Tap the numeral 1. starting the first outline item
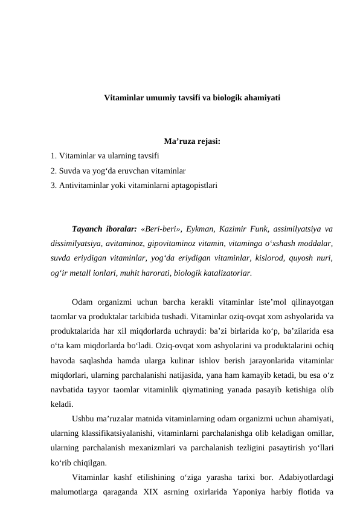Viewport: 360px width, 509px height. click(54, 156)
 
